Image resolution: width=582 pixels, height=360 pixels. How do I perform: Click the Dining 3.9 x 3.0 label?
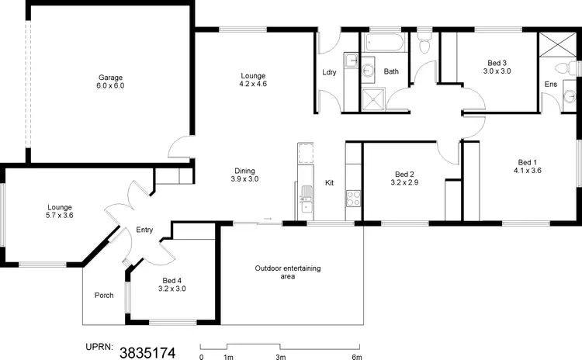point(244,175)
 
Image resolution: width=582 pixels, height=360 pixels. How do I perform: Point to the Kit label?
point(329,183)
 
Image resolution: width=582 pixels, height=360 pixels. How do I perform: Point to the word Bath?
point(392,71)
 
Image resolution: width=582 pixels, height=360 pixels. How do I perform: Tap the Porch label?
point(104,295)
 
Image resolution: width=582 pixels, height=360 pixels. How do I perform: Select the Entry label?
point(144,230)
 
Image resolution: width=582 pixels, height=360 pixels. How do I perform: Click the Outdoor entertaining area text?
point(287,272)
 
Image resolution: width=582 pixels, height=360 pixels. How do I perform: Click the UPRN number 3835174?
point(147,352)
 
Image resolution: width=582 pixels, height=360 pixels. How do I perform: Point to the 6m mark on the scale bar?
point(356,357)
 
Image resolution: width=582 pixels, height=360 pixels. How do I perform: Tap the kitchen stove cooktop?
point(353,198)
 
